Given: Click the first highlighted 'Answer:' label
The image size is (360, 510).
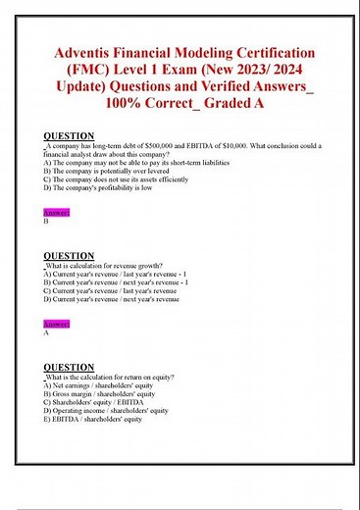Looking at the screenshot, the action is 57,212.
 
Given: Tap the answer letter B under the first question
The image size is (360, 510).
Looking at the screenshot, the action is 47,222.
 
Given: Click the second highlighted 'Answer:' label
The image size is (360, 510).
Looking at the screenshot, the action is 57,323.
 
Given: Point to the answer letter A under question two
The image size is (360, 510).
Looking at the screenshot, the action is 47,332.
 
